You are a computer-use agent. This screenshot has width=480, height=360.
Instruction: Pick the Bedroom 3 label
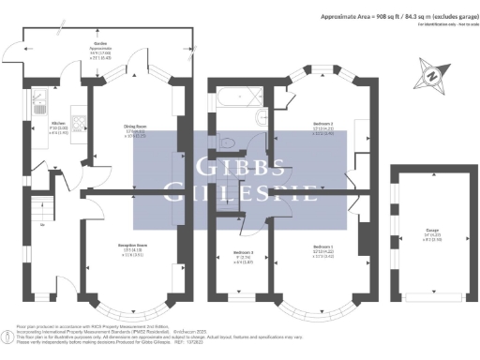tap(242, 254)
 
